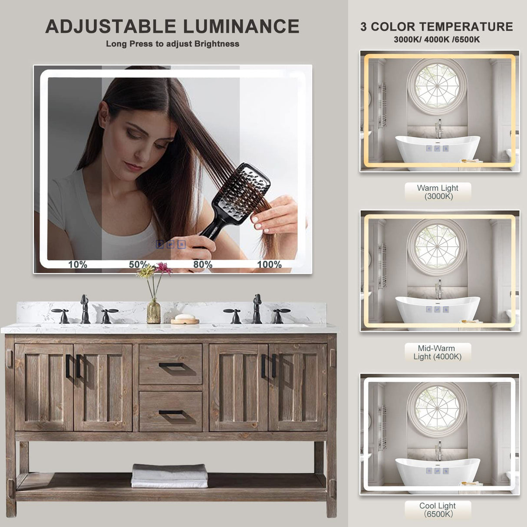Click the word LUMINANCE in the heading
(241, 26)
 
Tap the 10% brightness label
(78, 264)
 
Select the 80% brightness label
(203, 264)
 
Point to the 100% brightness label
(269, 264)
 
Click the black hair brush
(243, 191)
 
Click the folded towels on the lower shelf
(170, 476)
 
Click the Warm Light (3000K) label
(438, 192)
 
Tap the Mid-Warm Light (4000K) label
(438, 352)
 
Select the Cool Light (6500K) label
(438, 510)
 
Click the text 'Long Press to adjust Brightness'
(172, 44)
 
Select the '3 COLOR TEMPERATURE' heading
(437, 27)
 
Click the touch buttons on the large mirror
(171, 244)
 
